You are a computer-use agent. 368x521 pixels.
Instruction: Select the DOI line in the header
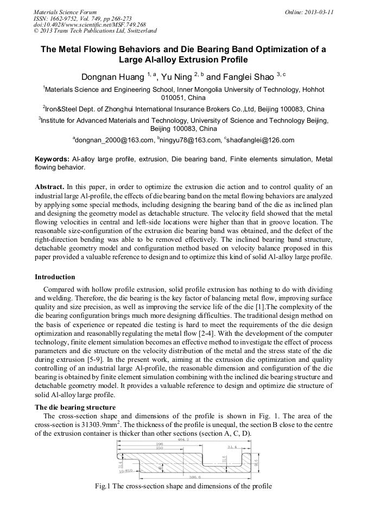point(90,25)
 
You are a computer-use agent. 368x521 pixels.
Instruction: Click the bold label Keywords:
point(52,159)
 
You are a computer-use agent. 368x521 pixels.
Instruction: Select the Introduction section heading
point(55,277)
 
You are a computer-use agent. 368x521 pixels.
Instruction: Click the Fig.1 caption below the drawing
point(182,486)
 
